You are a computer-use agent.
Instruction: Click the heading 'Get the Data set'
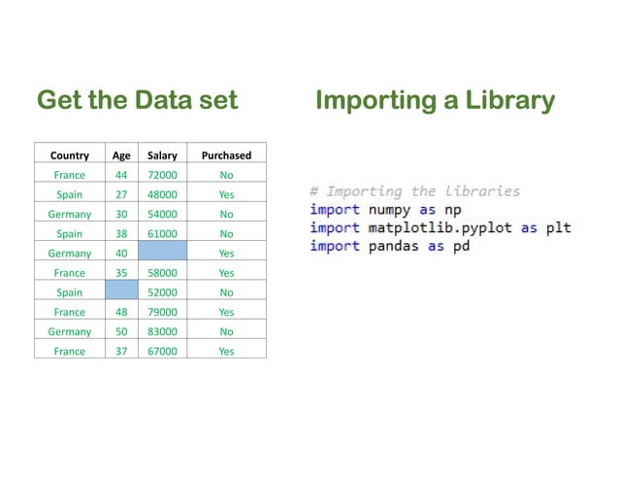(x=137, y=101)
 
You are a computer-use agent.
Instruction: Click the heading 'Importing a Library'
(x=435, y=101)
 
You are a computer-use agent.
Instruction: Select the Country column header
(x=69, y=155)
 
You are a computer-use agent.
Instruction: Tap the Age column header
(x=121, y=155)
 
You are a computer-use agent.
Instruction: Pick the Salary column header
(x=162, y=155)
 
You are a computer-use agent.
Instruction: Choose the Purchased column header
(x=226, y=155)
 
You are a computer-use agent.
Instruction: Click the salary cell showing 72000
(x=162, y=175)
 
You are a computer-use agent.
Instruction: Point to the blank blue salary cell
(x=162, y=253)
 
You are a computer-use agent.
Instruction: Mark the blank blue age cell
(x=121, y=291)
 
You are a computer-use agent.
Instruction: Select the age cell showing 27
(x=121, y=194)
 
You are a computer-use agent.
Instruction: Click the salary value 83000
(x=162, y=331)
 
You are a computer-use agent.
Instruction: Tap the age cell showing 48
(x=121, y=312)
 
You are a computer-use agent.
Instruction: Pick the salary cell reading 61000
(x=162, y=233)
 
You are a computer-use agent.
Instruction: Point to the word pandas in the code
(x=393, y=246)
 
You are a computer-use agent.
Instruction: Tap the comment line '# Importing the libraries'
(x=414, y=191)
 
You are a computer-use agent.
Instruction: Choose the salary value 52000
(x=162, y=291)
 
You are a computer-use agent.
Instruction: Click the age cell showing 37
(x=121, y=351)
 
